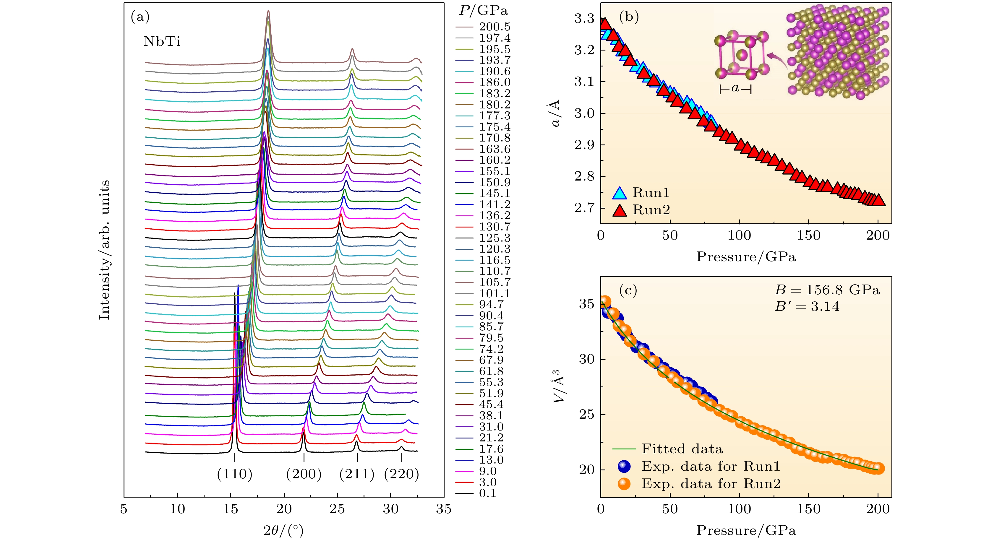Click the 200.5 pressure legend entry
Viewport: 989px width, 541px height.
pos(494,27)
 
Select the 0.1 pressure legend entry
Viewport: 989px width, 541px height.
pos(488,493)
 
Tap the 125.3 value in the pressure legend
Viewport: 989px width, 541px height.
pos(494,238)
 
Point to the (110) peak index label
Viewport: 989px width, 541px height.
pos(235,474)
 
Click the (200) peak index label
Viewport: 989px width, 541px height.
pos(304,474)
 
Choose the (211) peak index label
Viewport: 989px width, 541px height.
pos(357,474)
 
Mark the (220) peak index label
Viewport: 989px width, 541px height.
pos(402,474)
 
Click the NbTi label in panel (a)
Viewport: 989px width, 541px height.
pos(162,41)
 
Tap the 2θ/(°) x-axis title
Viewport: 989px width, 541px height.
pos(283,531)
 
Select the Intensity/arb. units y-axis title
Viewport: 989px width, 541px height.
pos(104,249)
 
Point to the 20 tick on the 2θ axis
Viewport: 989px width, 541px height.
pos(284,509)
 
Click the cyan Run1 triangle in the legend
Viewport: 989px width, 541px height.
pos(619,193)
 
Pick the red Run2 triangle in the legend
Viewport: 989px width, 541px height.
pos(619,210)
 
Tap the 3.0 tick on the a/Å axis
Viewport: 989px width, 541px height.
pos(584,113)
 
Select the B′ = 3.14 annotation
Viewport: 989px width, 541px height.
pos(807,307)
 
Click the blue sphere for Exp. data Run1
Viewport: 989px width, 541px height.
pos(624,466)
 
